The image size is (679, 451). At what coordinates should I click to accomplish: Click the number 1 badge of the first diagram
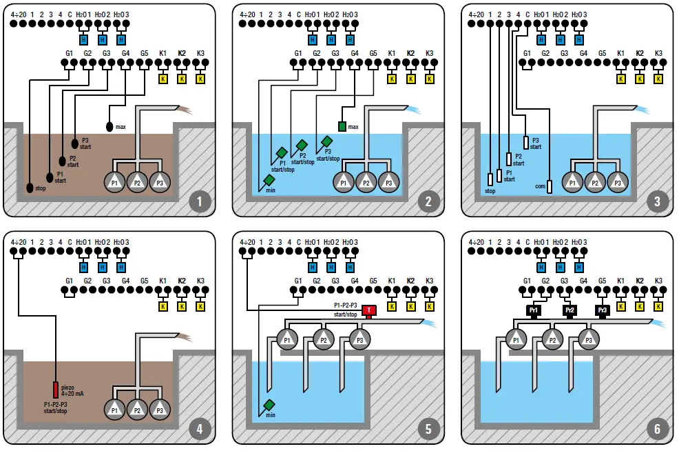pyautogui.click(x=200, y=202)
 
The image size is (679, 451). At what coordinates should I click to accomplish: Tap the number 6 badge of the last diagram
pyautogui.click(x=656, y=430)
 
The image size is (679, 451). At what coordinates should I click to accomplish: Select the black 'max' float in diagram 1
pyautogui.click(x=109, y=127)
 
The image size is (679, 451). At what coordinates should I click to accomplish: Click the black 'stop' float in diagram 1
pyautogui.click(x=30, y=188)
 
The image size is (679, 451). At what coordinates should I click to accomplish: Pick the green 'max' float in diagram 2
pyautogui.click(x=342, y=127)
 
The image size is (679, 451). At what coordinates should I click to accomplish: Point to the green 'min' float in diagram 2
pyautogui.click(x=269, y=180)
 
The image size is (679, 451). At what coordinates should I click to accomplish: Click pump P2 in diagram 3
pyautogui.click(x=594, y=183)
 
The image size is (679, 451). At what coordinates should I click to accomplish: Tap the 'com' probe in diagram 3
pyautogui.click(x=550, y=186)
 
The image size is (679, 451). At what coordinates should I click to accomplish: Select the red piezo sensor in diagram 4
pyautogui.click(x=56, y=390)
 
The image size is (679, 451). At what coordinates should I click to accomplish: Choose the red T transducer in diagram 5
pyautogui.click(x=369, y=310)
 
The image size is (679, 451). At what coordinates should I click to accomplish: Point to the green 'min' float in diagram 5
pyautogui.click(x=269, y=405)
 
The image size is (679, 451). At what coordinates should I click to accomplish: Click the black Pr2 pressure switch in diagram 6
pyautogui.click(x=570, y=311)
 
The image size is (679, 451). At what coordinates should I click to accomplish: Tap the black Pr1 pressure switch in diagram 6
pyautogui.click(x=533, y=311)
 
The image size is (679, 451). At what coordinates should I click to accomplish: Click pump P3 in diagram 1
pyautogui.click(x=160, y=183)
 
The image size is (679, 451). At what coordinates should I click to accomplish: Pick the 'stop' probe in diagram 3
pyautogui.click(x=490, y=180)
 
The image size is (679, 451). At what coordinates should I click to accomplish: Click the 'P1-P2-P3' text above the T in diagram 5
pyautogui.click(x=345, y=305)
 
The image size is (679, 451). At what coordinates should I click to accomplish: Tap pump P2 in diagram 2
pyautogui.click(x=366, y=183)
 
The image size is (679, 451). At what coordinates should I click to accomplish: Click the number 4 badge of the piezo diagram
pyautogui.click(x=200, y=430)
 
